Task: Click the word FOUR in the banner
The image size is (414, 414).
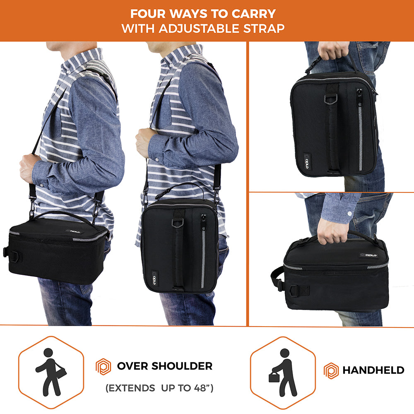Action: (x=147, y=14)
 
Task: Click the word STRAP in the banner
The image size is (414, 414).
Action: (x=264, y=29)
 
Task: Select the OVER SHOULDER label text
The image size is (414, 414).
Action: (x=165, y=366)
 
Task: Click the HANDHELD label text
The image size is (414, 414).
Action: (x=373, y=370)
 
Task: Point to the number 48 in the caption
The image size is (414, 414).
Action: (x=200, y=388)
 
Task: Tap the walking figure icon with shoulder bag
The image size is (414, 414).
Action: (x=51, y=372)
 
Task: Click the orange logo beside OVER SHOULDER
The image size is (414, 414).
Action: (x=103, y=366)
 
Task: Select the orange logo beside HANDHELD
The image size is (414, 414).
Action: (x=331, y=371)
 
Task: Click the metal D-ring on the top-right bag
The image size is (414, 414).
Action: (x=331, y=99)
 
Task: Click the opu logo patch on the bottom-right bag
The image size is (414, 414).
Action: (x=369, y=255)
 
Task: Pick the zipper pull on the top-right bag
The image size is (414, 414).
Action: (x=359, y=96)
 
